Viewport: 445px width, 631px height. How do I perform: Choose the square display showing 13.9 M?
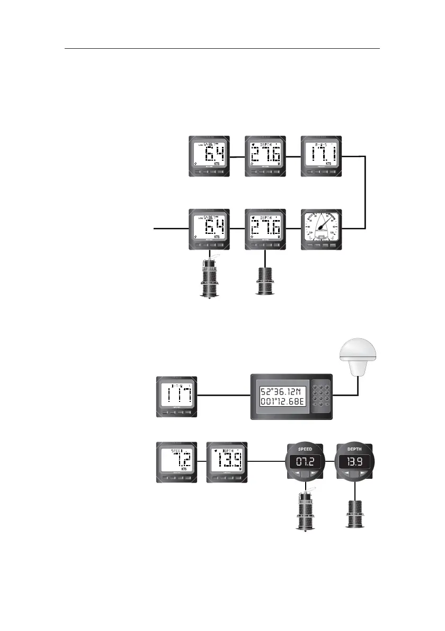coord(227,461)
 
